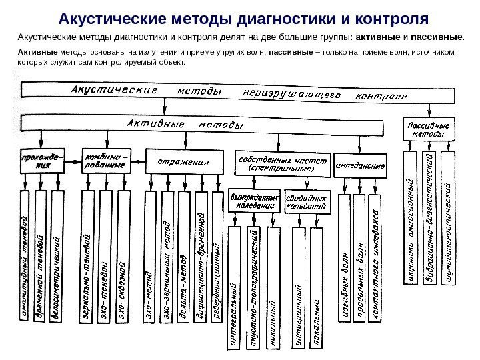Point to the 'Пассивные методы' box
pos(427,129)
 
